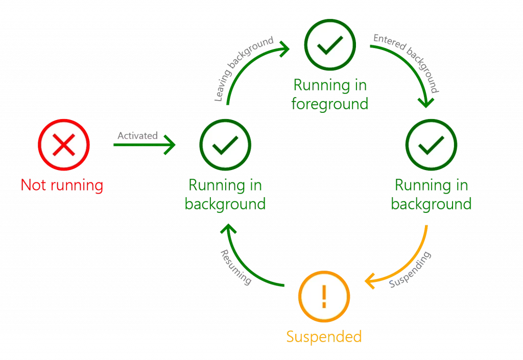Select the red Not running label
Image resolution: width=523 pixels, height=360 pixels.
point(62,185)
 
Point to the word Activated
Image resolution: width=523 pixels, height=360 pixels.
point(137,136)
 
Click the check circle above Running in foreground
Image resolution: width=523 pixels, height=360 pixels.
point(329,47)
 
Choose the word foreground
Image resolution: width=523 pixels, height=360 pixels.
point(329,104)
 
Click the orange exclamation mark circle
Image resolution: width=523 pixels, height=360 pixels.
point(324,296)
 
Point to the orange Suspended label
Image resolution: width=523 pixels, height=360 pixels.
point(324,337)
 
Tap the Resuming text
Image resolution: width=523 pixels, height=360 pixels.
point(235,267)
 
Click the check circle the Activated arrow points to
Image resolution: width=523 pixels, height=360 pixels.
point(225,146)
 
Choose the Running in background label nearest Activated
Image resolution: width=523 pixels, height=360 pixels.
point(225,195)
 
